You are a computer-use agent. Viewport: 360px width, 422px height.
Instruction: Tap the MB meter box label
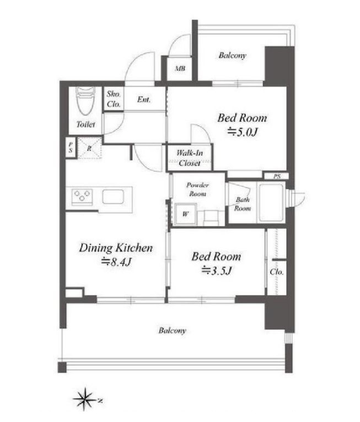point(180,69)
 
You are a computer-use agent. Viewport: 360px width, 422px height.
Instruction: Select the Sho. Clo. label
point(114,99)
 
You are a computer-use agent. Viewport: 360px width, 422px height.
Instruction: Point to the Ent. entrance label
point(144,100)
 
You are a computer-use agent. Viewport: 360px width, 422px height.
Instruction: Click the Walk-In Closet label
point(190,158)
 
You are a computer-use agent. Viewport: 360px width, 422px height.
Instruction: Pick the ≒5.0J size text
point(243,132)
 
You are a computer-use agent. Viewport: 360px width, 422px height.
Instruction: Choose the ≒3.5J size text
point(217,270)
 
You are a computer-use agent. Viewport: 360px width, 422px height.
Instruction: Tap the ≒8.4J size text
point(116,262)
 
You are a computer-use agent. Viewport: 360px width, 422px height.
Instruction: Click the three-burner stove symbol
point(82,197)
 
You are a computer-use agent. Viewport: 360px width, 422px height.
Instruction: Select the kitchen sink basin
point(113,197)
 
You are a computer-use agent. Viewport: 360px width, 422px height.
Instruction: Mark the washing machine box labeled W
point(185,214)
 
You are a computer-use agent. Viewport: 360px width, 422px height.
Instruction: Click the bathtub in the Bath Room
point(271,202)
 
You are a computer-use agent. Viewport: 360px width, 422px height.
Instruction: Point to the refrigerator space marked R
point(89,148)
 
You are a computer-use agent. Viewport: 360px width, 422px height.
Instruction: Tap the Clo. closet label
point(277,272)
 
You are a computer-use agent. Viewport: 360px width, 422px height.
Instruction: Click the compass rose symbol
point(85,399)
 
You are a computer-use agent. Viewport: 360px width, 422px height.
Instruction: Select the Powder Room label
point(197,189)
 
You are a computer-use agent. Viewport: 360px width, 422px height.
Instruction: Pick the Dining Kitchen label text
point(116,248)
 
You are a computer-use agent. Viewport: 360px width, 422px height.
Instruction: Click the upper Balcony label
point(232,56)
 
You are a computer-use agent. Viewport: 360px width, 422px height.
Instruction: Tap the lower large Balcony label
point(173,330)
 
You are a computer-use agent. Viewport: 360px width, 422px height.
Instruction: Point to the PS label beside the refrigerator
point(71,148)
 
